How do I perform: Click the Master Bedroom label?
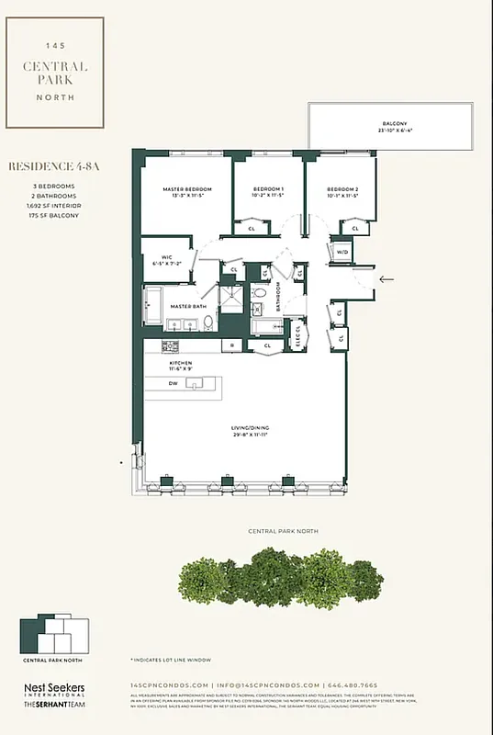tap(182, 192)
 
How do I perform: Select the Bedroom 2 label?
tap(342, 192)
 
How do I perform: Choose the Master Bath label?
tap(186, 307)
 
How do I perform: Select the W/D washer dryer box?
tap(342, 251)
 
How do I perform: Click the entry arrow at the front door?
tap(387, 277)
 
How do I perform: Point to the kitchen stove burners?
tap(170, 345)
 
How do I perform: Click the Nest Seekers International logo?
tap(54, 691)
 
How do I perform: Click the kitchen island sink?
tap(193, 383)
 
